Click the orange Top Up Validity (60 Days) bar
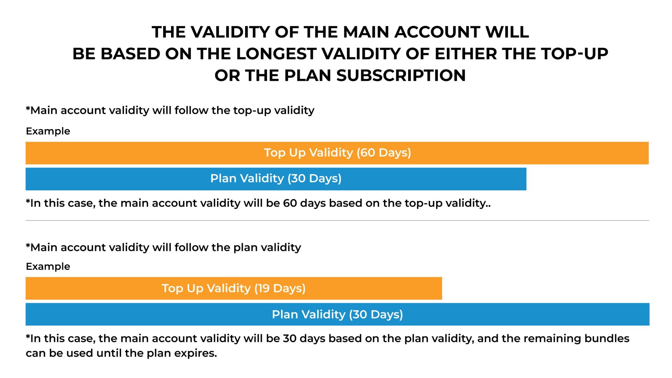337,153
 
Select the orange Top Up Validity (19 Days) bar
234,288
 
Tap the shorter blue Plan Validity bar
276,179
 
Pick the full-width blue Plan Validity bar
337,314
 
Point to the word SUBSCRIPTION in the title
401,76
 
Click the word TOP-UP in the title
574,54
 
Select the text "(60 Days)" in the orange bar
384,153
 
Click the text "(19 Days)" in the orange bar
280,288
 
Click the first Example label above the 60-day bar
48,131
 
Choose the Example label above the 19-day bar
48,267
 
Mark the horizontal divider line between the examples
337,220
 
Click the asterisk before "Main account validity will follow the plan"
28,245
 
